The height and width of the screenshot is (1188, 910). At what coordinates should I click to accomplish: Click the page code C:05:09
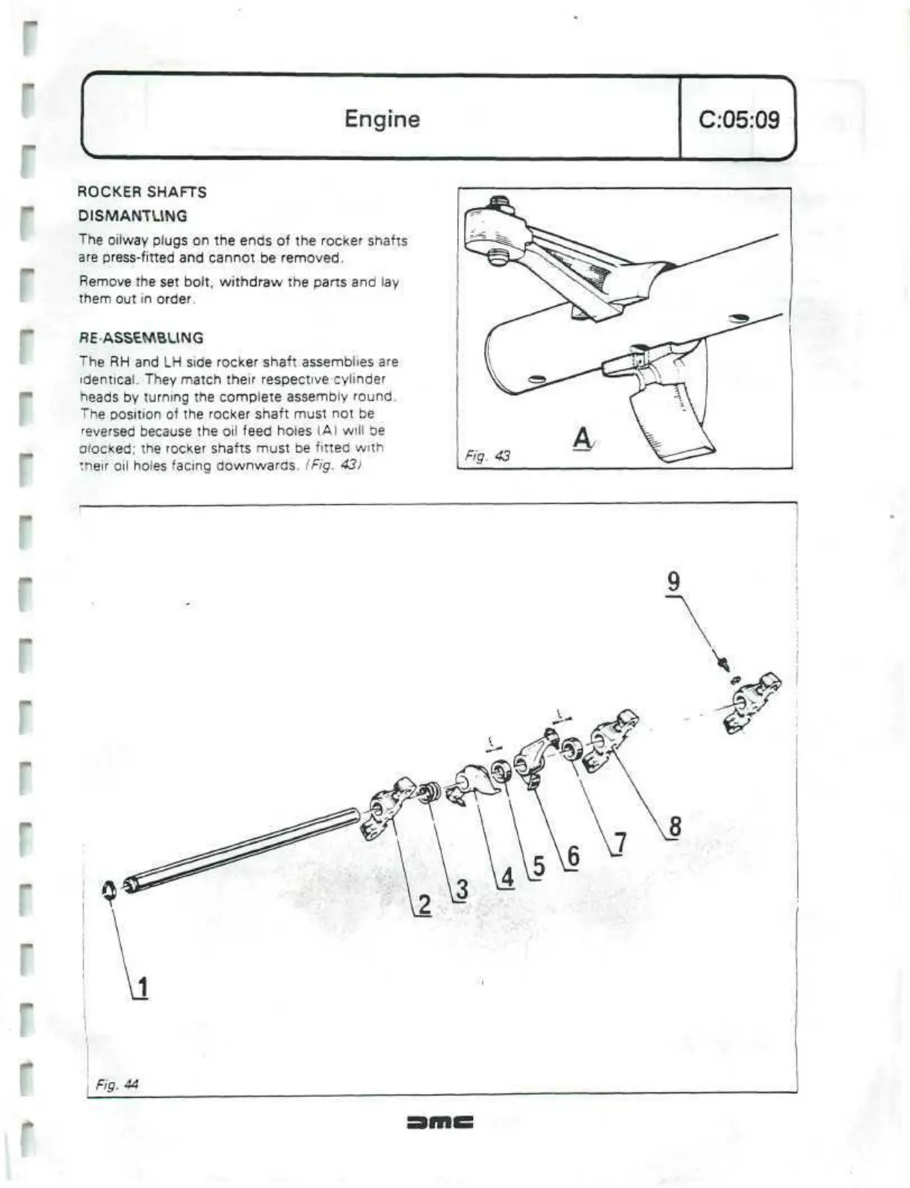738,119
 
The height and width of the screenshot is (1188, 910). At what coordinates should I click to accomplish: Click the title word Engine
382,119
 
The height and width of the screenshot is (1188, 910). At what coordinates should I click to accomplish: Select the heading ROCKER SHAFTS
142,192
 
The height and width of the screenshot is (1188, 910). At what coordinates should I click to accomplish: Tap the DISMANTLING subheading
133,216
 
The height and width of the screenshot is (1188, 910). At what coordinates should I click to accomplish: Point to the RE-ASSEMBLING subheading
141,338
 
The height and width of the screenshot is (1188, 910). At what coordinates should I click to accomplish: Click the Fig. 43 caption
487,455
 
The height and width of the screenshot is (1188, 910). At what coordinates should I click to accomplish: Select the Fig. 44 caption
117,1084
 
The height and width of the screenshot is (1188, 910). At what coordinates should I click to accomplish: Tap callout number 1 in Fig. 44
142,987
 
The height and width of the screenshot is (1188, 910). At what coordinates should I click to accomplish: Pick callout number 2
424,905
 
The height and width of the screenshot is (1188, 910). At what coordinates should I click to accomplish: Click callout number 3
462,889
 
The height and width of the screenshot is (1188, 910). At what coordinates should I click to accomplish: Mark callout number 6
572,856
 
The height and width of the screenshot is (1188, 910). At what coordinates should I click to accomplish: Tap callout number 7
620,843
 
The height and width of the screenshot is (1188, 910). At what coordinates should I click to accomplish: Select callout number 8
675,827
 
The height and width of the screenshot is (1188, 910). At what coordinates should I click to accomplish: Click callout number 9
673,581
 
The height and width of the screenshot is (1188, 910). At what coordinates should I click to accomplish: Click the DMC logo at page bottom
440,1122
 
